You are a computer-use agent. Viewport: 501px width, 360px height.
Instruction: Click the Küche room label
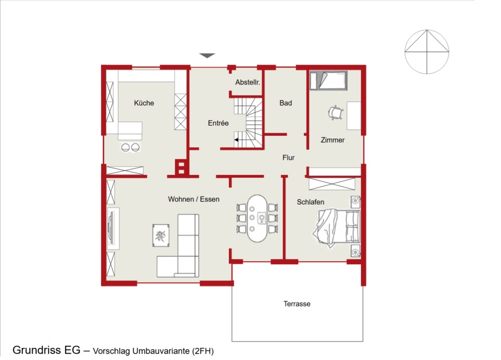(144, 103)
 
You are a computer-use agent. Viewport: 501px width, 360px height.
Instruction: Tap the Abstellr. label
(248, 82)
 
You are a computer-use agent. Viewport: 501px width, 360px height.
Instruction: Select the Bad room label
(286, 103)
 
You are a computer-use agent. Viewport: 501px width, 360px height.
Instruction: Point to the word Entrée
(218, 123)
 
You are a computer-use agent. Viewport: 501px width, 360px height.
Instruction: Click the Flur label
(289, 158)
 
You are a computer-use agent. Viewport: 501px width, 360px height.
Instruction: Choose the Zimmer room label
(332, 140)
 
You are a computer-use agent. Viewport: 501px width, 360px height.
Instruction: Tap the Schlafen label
(311, 202)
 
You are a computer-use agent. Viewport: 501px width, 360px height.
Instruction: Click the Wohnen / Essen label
(193, 199)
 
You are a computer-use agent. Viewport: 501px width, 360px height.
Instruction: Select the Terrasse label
(297, 304)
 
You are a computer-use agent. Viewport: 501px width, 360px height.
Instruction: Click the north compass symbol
(427, 51)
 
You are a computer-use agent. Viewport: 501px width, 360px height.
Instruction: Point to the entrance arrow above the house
(207, 56)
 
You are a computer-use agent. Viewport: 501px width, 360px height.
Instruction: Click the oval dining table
(257, 218)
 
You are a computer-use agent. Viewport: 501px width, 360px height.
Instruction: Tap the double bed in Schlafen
(337, 228)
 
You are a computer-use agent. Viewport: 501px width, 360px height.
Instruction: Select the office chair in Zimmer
(336, 113)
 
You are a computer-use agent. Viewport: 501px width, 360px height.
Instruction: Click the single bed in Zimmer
(329, 80)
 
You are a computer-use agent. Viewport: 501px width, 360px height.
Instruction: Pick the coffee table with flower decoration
(161, 235)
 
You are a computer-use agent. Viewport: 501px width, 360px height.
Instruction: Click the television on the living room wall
(111, 228)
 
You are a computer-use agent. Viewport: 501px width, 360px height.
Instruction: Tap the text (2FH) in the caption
(203, 351)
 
